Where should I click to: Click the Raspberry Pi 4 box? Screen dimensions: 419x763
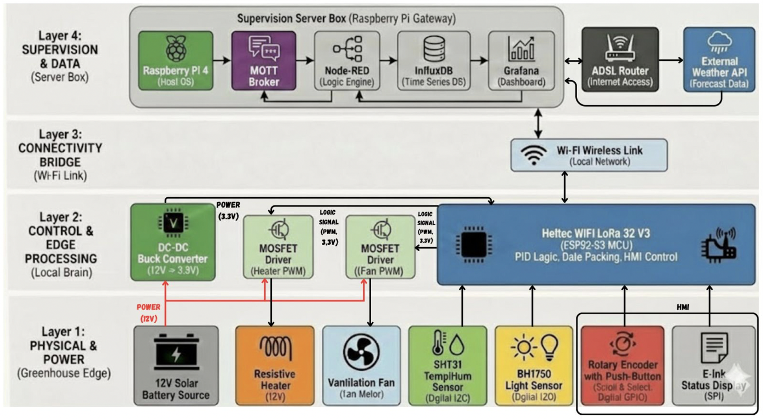point(176,61)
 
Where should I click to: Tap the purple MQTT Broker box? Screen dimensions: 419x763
point(264,61)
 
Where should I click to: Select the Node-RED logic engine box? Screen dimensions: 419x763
point(347,61)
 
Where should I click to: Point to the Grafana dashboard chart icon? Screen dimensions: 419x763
point(521,50)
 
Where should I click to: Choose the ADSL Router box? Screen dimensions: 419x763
point(620,60)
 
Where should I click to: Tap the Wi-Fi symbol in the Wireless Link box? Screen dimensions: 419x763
point(533,154)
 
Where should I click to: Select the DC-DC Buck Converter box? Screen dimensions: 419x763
point(173,242)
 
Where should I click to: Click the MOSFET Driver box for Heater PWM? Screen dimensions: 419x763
point(278,247)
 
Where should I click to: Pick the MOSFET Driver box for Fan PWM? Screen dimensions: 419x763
point(380,247)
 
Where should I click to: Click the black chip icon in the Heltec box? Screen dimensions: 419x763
point(474,244)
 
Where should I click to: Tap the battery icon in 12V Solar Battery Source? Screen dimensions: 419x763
point(176,352)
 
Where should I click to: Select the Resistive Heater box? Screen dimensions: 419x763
point(275,366)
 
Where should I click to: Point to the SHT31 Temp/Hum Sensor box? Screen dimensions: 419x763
point(448,366)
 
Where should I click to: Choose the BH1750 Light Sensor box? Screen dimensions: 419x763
point(534,366)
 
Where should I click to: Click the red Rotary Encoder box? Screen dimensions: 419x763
point(622,366)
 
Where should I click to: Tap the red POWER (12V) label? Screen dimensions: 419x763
point(149,312)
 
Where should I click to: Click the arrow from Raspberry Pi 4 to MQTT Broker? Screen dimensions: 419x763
point(222,61)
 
